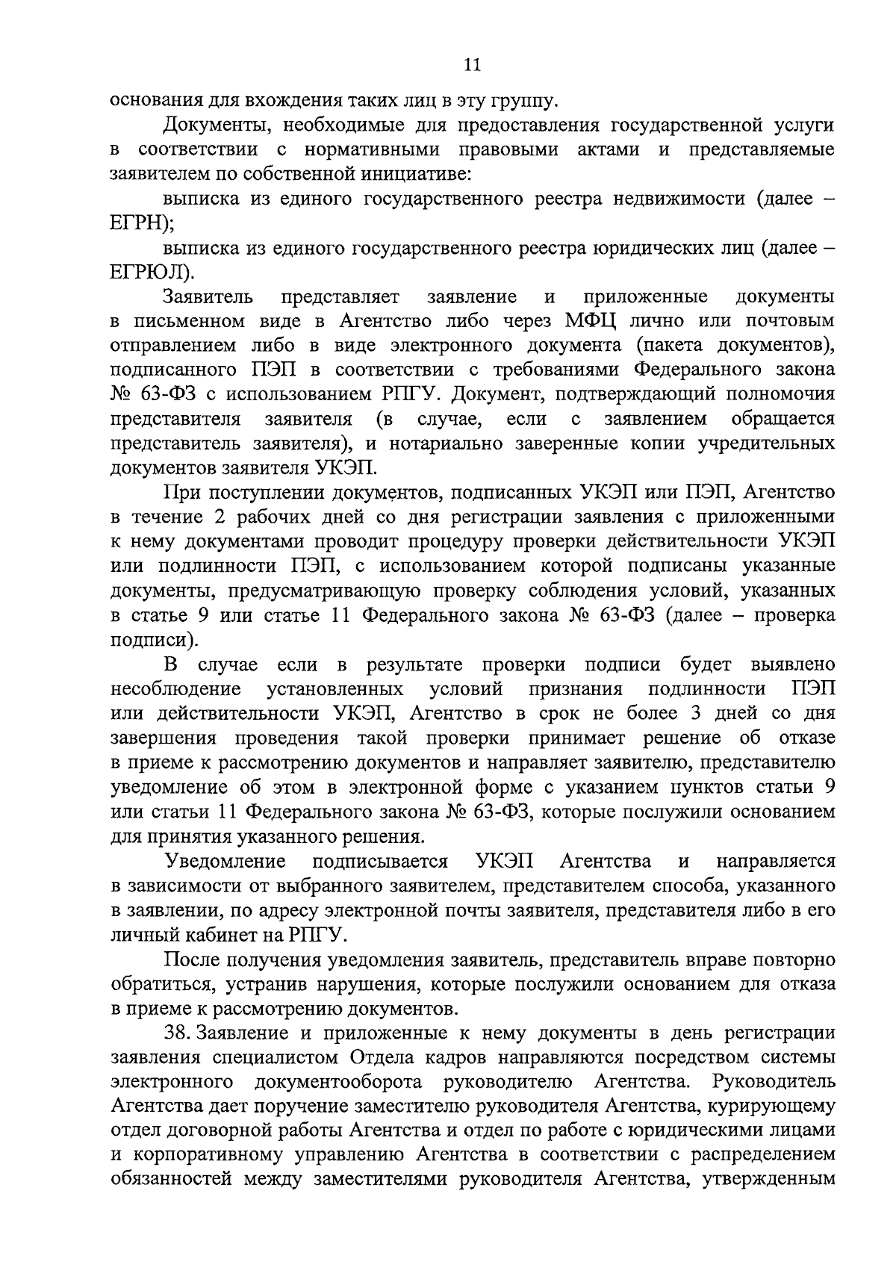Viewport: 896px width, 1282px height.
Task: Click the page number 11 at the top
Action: coord(471,66)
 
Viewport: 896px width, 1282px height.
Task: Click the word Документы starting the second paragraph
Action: coord(215,125)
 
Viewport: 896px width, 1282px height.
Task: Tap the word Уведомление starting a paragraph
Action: coord(225,861)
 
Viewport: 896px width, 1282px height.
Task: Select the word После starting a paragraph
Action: coord(190,959)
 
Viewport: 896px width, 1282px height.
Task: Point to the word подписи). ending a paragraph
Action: coord(154,640)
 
